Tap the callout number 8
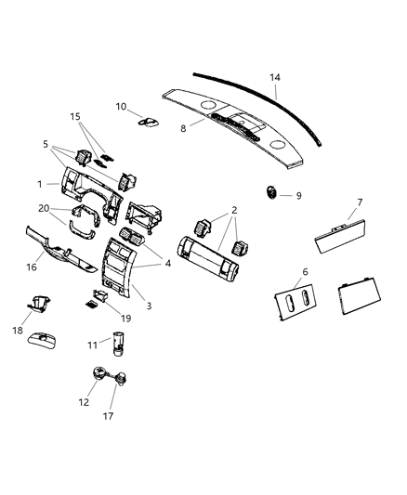pyautogui.click(x=182, y=128)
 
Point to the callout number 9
pyautogui.click(x=298, y=196)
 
